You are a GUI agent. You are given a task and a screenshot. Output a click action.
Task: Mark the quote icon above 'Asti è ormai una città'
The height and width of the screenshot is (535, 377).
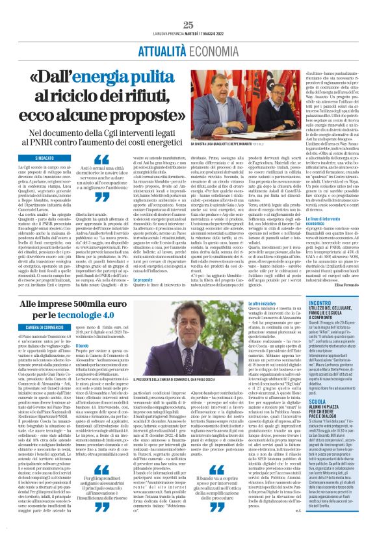click(100, 159)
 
